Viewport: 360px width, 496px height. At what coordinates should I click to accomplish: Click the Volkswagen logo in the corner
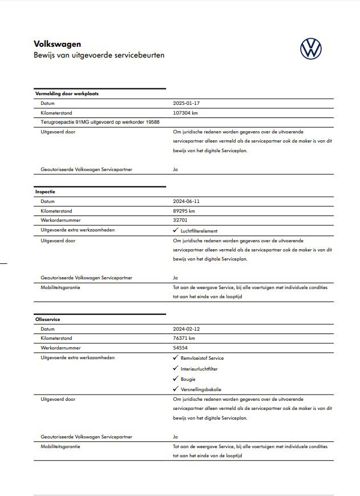310,48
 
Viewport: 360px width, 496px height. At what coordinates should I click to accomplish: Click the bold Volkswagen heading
58,43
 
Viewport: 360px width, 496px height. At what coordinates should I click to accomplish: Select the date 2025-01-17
187,104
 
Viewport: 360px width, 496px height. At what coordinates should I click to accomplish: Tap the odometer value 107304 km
187,113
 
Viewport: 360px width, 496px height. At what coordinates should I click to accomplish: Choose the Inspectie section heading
45,192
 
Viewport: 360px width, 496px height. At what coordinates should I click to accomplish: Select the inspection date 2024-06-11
187,202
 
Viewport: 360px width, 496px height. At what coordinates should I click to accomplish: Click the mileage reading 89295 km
185,211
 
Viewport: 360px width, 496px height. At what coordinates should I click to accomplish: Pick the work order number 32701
181,221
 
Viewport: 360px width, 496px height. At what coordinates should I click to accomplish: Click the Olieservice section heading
47,319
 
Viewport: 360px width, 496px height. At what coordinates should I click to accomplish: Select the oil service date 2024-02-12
187,329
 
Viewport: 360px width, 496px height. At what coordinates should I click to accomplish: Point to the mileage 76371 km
185,339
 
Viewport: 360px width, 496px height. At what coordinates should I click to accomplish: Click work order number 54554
181,348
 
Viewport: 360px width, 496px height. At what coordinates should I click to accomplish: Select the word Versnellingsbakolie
201,389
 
